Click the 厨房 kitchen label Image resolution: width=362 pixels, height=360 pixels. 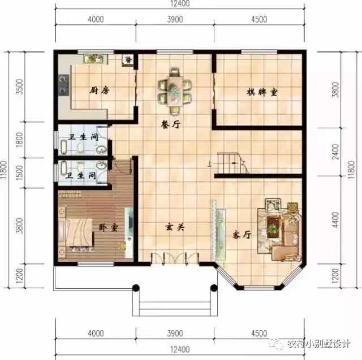point(100,90)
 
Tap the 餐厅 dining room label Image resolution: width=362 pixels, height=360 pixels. point(170,124)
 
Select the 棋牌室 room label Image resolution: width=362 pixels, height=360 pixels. point(262,92)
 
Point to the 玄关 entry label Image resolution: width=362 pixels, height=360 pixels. point(175,227)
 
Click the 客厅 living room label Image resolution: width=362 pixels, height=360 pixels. point(242,235)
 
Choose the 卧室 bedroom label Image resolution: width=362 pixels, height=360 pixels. point(109,228)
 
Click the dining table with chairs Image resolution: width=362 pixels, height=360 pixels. point(175,91)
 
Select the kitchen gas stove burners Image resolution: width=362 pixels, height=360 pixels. point(63,85)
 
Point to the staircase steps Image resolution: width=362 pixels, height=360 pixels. point(230,163)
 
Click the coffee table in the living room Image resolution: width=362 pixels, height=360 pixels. point(274,226)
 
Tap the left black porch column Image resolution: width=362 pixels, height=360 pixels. point(136,288)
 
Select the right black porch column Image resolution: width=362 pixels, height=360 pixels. point(214,288)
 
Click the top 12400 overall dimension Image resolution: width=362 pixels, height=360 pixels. point(180,4)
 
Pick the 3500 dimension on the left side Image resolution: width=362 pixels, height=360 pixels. point(20,86)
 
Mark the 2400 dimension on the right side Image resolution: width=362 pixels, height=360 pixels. point(335,151)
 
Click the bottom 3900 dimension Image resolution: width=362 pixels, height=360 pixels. point(175,333)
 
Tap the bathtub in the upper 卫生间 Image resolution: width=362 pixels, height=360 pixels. point(63,147)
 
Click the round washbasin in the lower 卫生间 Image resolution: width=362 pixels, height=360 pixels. point(101,166)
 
